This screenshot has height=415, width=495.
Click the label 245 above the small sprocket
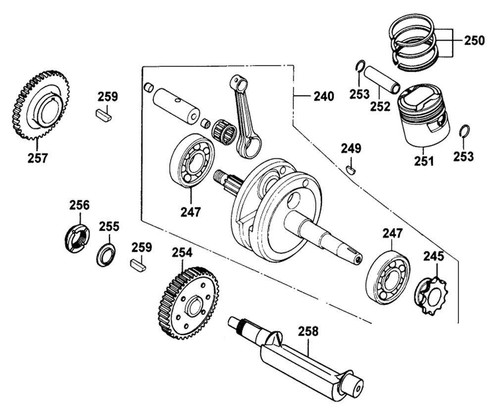click(x=434, y=257)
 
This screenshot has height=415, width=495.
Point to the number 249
click(x=351, y=148)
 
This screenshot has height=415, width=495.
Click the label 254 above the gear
click(x=182, y=253)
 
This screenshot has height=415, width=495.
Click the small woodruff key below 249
click(x=351, y=170)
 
